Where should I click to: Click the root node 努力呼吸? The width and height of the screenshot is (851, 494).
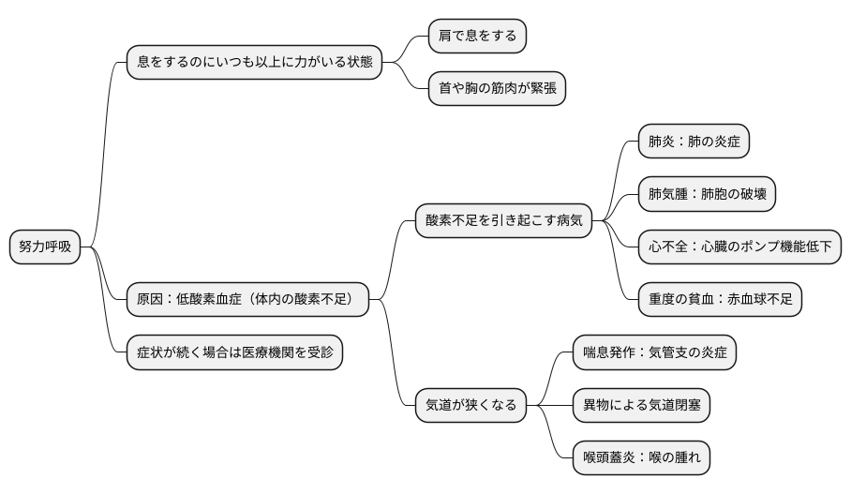[x=45, y=247]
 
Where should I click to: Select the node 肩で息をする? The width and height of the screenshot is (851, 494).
[x=477, y=37]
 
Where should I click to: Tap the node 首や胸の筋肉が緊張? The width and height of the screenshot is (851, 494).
[x=497, y=89]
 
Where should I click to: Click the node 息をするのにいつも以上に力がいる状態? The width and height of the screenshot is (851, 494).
[x=254, y=63]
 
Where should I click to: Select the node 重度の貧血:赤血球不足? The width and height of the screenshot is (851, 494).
[x=720, y=300]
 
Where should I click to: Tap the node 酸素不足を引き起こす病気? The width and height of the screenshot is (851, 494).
[x=503, y=221]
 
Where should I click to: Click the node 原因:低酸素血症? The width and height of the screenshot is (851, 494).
[x=247, y=300]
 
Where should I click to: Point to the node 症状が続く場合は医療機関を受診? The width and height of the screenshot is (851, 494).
[x=234, y=352]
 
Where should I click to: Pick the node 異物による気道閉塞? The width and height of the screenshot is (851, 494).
[x=641, y=406]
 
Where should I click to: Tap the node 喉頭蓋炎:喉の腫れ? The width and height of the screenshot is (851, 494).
[x=641, y=458]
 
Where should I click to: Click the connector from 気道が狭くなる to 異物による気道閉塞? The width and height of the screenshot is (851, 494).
[x=548, y=406]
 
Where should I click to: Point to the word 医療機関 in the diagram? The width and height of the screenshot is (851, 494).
[x=268, y=352]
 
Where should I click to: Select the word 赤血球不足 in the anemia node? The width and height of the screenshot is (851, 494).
[x=756, y=300]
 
